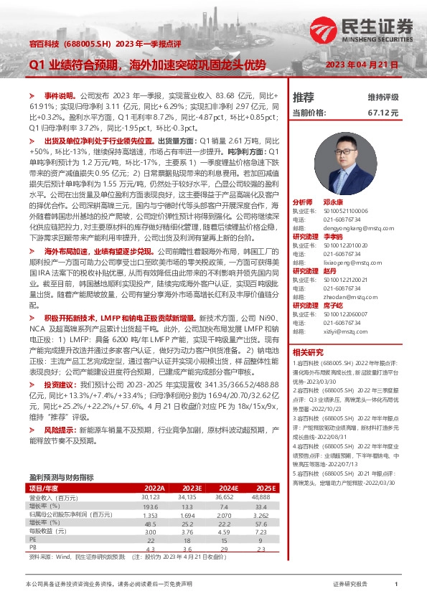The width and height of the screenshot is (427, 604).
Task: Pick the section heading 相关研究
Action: [x=309, y=351]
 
